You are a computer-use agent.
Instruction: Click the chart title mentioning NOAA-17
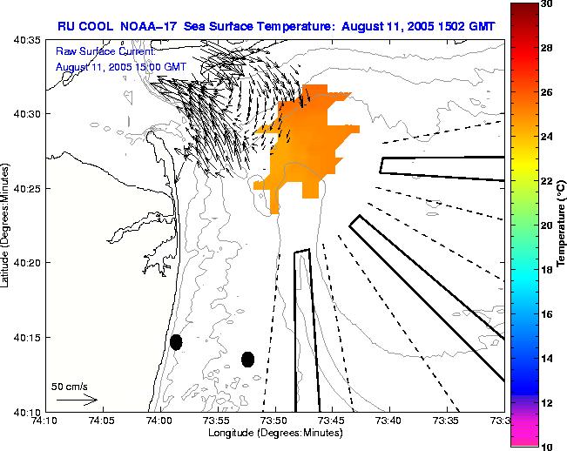276,26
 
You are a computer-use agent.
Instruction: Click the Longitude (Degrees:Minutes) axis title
274,433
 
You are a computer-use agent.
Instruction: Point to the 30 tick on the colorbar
546,4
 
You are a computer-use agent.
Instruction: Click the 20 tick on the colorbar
546,225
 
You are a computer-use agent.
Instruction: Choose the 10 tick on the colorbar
546,445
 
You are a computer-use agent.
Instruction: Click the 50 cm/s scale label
70,386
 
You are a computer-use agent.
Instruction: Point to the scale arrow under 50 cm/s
77,400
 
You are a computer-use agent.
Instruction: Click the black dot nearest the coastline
176,342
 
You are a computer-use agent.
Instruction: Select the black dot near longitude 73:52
247,359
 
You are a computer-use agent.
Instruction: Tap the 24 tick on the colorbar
546,137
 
